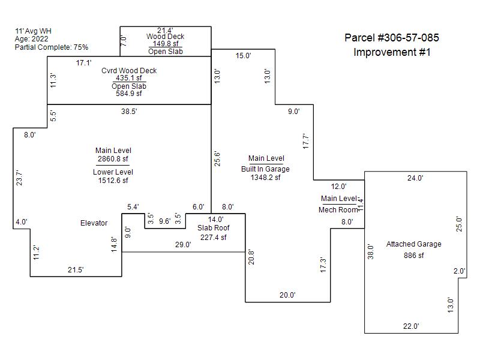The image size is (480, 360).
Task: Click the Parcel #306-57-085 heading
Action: click(392, 38)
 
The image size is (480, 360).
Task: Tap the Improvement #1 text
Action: click(392, 52)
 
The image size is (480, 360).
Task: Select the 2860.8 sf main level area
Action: click(113, 159)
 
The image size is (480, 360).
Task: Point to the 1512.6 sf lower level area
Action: click(113, 181)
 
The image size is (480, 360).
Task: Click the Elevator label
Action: click(94, 223)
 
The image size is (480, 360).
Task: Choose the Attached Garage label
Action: click(414, 244)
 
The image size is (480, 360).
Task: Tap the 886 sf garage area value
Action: click(414, 256)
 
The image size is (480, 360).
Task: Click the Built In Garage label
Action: click(265, 169)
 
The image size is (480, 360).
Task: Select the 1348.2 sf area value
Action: click(265, 178)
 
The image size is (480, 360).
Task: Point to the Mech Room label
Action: click(338, 210)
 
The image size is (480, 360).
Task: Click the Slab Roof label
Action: click(214, 228)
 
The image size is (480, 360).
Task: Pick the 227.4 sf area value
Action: click(214, 238)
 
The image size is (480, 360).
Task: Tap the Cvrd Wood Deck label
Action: click(129, 71)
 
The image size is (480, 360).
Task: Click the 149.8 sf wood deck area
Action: click(166, 44)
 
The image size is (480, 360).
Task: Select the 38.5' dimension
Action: click(129, 112)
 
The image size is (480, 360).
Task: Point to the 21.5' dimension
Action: click(76, 270)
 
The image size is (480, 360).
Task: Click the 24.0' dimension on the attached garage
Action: click(415, 178)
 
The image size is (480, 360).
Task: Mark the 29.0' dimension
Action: click(183, 245)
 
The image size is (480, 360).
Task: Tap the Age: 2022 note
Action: click(32, 39)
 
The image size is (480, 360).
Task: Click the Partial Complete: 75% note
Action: click(52, 47)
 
